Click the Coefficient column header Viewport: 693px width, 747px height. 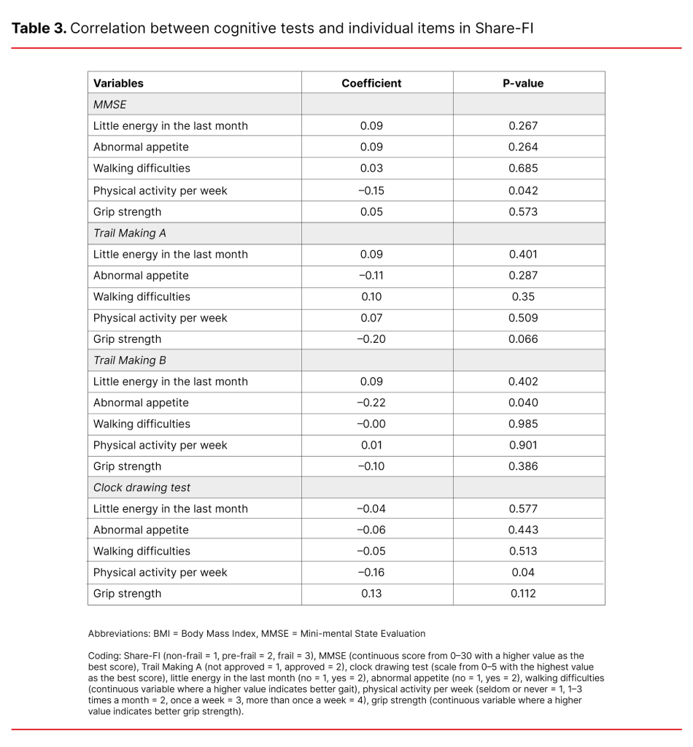coord(371,83)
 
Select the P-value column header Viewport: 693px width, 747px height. coord(523,83)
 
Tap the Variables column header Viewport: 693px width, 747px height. coord(118,83)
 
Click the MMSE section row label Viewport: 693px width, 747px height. coord(110,104)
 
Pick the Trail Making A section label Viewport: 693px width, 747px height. coord(125,233)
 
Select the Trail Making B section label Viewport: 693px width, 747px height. coord(125,360)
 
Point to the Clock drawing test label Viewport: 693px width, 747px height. coord(142,487)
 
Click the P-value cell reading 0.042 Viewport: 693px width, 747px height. coord(523,190)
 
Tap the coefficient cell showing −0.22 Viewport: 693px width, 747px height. coord(371,403)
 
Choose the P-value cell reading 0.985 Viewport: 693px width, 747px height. coord(523,424)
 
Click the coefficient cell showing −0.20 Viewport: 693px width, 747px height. coord(371,339)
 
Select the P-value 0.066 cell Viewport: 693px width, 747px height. coord(523,339)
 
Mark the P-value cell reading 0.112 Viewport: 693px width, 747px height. coord(523,594)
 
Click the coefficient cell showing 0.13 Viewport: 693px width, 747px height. coord(371,594)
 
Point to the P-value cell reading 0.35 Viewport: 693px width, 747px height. coord(523,297)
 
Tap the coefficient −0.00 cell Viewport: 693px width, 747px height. coord(371,424)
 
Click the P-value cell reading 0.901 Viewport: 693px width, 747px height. coord(523,445)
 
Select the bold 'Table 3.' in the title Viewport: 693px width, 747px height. coord(39,28)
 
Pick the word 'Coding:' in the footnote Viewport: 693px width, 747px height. coord(104,656)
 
